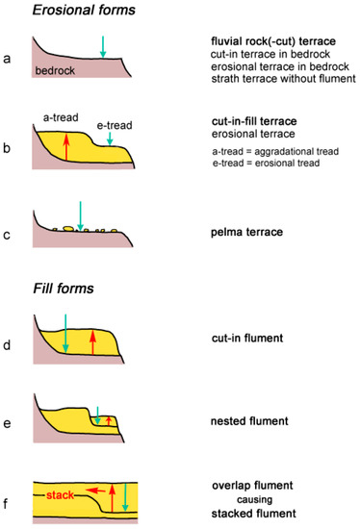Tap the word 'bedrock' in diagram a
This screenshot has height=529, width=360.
tap(56, 70)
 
